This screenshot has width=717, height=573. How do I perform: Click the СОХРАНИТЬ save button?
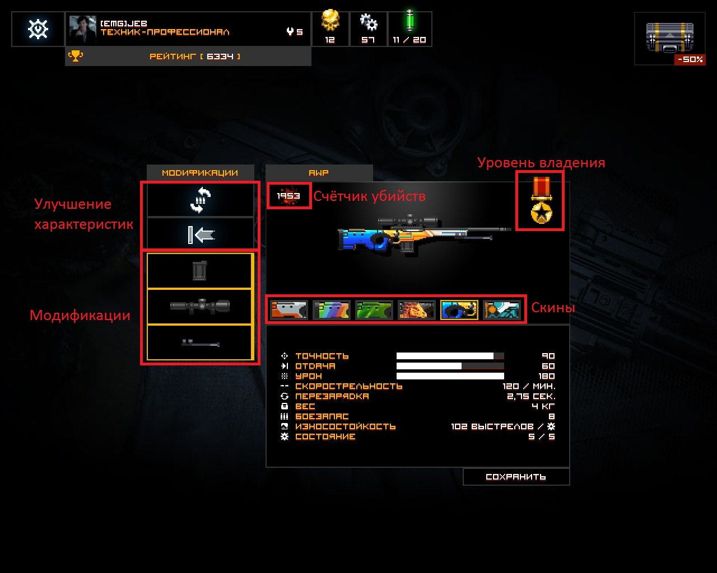(x=516, y=477)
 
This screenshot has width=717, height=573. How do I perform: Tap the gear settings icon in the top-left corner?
(x=38, y=29)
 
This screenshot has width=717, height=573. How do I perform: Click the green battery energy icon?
(x=409, y=22)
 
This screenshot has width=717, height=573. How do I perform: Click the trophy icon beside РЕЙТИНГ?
(x=75, y=56)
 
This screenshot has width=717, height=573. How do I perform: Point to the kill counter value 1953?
(x=288, y=196)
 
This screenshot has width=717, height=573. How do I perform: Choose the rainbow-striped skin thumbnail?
(x=332, y=309)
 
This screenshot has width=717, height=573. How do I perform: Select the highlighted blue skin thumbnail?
(x=459, y=309)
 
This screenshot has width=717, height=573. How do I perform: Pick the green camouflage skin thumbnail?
(x=374, y=309)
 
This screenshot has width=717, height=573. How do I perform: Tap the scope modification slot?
(x=200, y=306)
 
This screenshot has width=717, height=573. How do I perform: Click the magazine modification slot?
(x=200, y=271)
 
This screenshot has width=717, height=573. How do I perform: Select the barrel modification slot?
(x=200, y=342)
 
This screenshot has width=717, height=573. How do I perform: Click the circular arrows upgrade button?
(x=200, y=200)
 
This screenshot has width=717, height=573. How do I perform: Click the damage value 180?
(x=546, y=376)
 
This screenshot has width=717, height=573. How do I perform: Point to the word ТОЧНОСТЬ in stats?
(x=322, y=356)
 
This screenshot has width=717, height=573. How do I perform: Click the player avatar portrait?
(x=82, y=29)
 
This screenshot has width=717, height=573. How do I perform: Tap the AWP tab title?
(x=319, y=173)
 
